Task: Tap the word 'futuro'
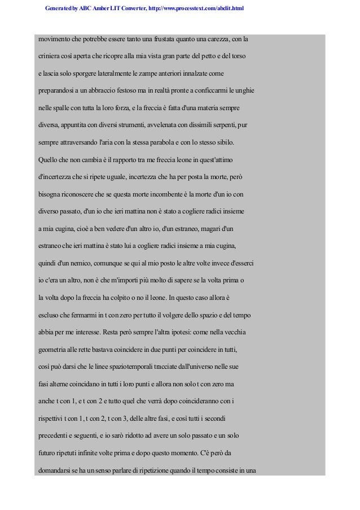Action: (47, 452)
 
